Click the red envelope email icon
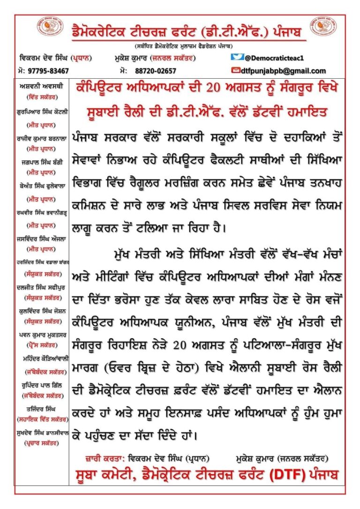(x=237, y=71)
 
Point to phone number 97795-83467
(x=48, y=71)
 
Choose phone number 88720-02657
(x=154, y=71)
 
